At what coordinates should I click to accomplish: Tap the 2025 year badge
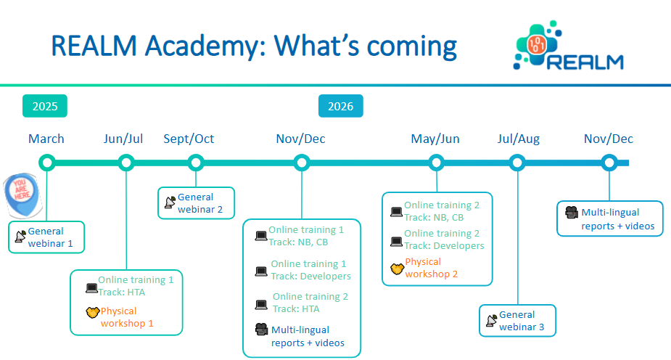pyautogui.click(x=45, y=107)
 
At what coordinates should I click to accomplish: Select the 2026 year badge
pyautogui.click(x=340, y=107)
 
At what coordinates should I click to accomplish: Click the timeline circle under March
pyautogui.click(x=47, y=163)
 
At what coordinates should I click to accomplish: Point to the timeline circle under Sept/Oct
pyautogui.click(x=195, y=163)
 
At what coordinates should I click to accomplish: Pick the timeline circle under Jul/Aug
pyautogui.click(x=517, y=163)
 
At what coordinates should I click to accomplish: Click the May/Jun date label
pyautogui.click(x=435, y=139)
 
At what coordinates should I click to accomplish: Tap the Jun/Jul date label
pyautogui.click(x=123, y=139)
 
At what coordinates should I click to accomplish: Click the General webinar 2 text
pyautogui.click(x=196, y=203)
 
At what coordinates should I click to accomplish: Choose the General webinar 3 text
pyautogui.click(x=517, y=321)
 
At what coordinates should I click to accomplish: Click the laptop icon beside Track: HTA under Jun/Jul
pyautogui.click(x=91, y=288)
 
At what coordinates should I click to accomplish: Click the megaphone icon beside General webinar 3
pyautogui.click(x=491, y=319)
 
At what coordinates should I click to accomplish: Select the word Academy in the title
pyautogui.click(x=194, y=46)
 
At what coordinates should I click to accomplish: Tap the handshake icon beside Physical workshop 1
pyautogui.click(x=91, y=313)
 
